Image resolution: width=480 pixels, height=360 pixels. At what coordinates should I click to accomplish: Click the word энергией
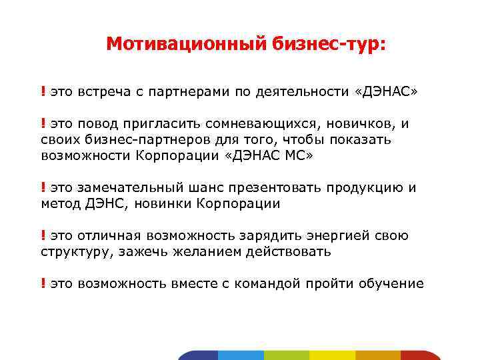[x=331, y=236]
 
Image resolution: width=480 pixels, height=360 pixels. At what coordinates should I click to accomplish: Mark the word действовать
[x=287, y=252]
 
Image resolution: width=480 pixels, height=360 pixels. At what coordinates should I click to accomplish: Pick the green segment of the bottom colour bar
[x=287, y=355]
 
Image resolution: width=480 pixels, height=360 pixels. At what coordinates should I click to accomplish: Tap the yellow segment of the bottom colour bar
[x=333, y=355]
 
